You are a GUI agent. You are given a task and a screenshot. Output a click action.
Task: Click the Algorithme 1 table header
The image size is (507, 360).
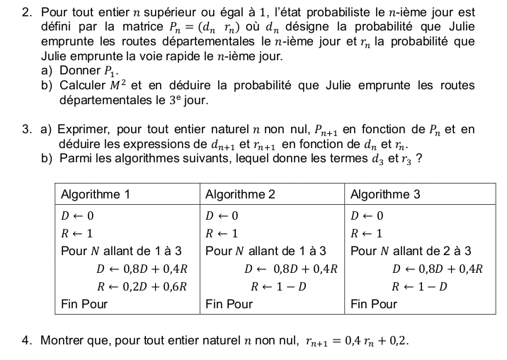tap(95, 193)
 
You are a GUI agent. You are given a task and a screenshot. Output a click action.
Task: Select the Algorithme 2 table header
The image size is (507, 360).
tap(240, 193)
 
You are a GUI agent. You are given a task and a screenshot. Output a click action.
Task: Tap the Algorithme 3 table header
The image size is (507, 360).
tap(385, 193)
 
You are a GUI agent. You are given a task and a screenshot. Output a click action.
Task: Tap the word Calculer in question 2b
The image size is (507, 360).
tap(82, 86)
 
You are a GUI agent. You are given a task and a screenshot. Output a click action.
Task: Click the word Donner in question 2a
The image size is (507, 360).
tap(80, 71)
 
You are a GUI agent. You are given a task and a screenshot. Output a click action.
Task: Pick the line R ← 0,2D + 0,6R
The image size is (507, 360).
tap(142, 286)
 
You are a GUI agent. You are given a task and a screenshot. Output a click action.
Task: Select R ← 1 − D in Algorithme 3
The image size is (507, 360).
tap(420, 286)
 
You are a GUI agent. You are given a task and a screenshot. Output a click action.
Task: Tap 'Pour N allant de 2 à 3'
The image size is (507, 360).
tap(411, 251)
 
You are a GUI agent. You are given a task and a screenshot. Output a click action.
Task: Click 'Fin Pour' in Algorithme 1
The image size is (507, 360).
tap(84, 305)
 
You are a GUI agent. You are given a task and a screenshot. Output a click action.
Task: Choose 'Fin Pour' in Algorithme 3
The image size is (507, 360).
tap(374, 305)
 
